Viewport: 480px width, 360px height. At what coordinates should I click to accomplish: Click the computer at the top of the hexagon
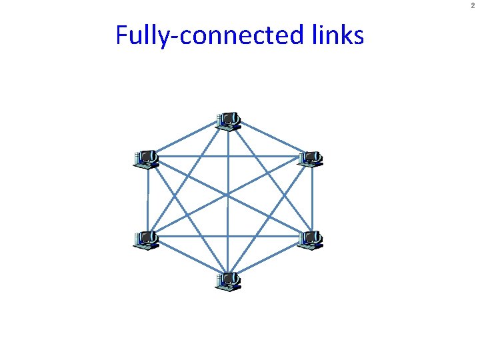coord(228,121)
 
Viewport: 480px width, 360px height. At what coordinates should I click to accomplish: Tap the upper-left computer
coord(146,159)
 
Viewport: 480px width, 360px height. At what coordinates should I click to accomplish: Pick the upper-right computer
coord(310,159)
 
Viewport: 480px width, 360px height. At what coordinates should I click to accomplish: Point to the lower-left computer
coord(146,239)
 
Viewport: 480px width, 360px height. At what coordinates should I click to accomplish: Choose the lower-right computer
coord(310,239)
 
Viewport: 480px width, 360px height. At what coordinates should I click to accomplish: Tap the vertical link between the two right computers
coord(311,199)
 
